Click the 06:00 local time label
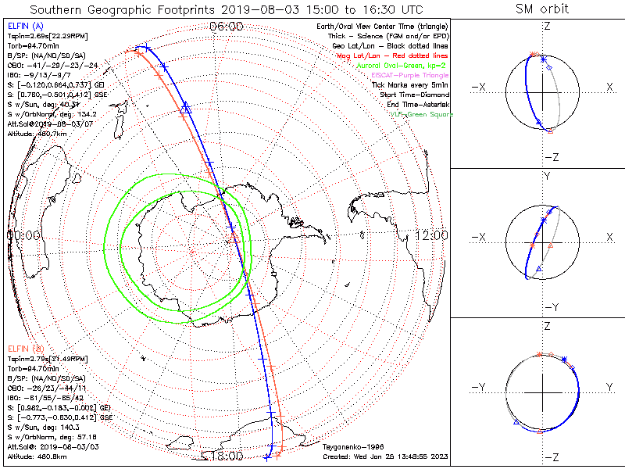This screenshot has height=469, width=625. (x=226, y=26)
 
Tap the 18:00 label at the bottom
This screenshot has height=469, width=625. (x=226, y=455)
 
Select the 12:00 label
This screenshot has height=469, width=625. (x=431, y=235)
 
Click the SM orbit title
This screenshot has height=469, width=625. (x=542, y=9)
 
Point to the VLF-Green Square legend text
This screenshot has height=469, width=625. (x=425, y=114)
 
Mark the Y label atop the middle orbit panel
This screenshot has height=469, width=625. (x=546, y=177)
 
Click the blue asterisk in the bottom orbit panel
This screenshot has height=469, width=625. (x=564, y=359)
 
